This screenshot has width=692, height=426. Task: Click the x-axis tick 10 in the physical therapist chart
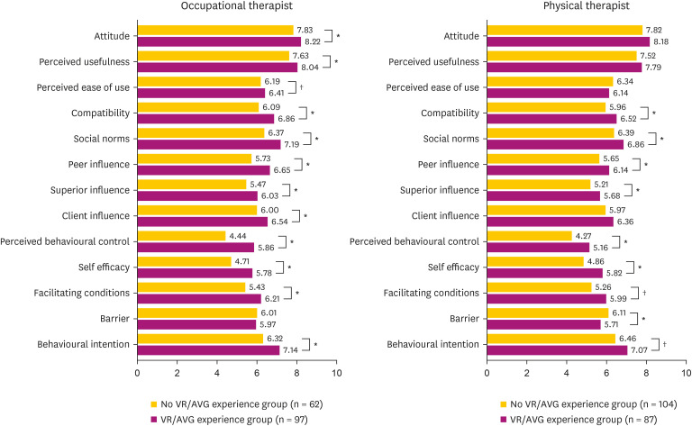click(x=686, y=370)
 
